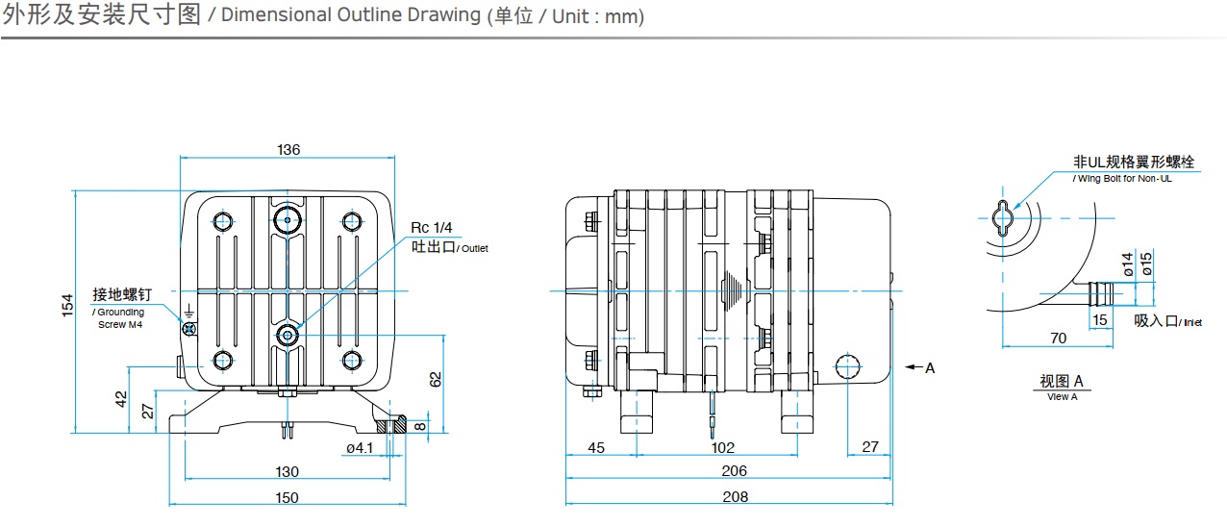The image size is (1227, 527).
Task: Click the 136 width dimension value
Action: (x=288, y=149)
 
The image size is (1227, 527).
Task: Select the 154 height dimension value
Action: (x=67, y=304)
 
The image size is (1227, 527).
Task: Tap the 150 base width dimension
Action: (x=287, y=497)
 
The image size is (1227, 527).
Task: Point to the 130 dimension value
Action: (x=287, y=471)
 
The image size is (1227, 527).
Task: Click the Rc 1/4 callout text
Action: (x=431, y=227)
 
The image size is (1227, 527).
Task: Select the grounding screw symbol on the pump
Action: (x=189, y=329)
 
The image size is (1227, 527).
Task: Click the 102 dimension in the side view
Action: (x=722, y=447)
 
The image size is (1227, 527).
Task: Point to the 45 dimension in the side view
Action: (x=596, y=447)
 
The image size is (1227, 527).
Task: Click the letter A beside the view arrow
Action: (x=930, y=367)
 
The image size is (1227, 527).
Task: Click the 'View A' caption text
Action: (x=1062, y=396)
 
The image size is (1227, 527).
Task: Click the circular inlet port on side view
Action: (x=847, y=367)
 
